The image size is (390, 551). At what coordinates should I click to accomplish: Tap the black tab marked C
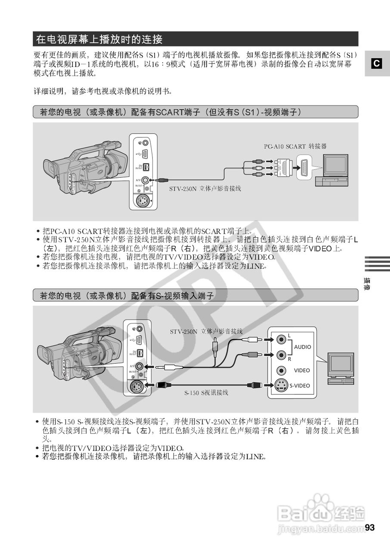pyautogui.click(x=377, y=64)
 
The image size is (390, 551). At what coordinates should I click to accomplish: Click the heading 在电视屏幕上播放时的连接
pyautogui.click(x=99, y=40)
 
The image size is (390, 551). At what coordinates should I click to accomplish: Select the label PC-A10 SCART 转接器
pyautogui.click(x=295, y=146)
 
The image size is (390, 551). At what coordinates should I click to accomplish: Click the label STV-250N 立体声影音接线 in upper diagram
pyautogui.click(x=205, y=189)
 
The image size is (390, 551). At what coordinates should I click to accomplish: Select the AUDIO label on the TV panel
pyautogui.click(x=303, y=347)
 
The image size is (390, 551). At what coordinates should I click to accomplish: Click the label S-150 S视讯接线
pyautogui.click(x=206, y=393)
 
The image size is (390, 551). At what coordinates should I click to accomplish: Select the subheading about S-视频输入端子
pyautogui.click(x=127, y=295)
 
